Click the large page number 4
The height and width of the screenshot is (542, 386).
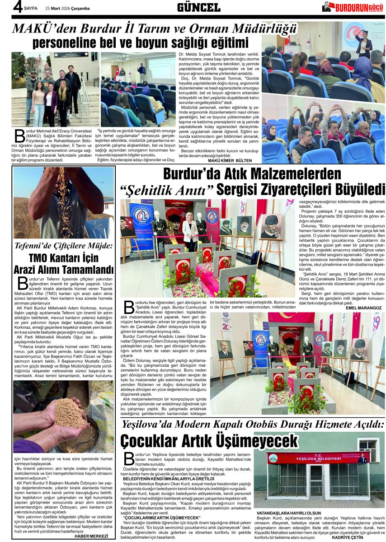[x=6, y=7]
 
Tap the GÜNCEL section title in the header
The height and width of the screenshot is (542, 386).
[x=198, y=7]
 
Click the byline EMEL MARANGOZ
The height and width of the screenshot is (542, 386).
[x=363, y=307]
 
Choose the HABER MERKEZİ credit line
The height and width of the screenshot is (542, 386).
[x=92, y=536]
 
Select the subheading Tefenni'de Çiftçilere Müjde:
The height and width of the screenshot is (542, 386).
[x=63, y=247]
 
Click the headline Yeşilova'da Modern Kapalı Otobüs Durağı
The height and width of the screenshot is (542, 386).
[x=253, y=425]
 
